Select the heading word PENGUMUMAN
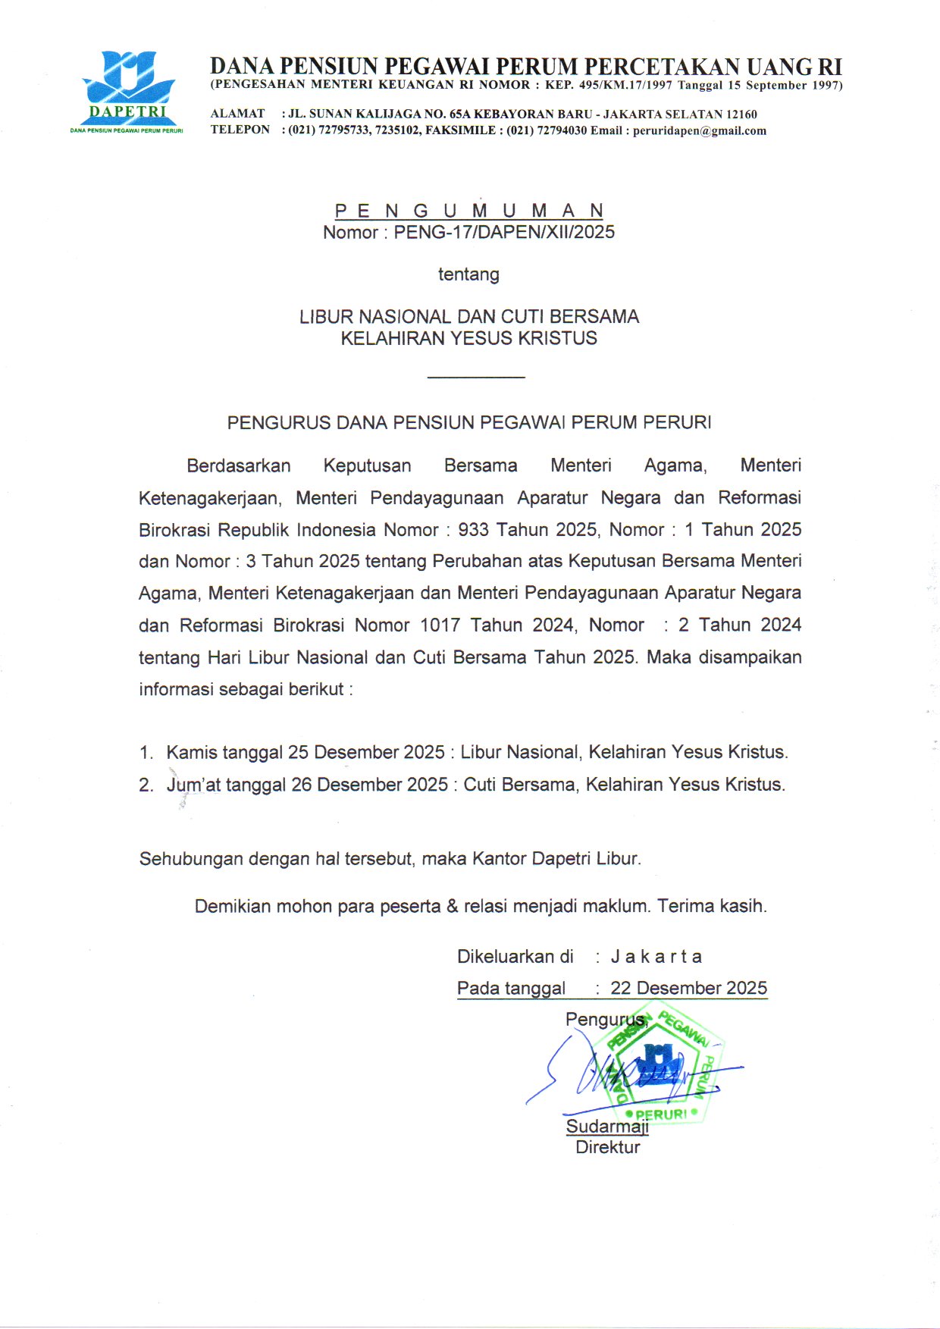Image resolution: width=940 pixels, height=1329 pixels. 469,211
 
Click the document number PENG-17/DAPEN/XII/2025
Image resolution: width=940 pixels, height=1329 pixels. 504,232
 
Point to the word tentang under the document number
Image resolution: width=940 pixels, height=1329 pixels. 468,274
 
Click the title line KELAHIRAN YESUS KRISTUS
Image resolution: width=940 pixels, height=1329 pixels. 468,338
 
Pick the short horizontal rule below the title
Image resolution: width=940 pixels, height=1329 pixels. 476,377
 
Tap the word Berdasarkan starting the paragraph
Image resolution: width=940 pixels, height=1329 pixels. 239,465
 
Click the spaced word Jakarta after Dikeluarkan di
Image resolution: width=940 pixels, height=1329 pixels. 656,957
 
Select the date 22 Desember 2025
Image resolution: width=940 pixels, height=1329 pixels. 689,989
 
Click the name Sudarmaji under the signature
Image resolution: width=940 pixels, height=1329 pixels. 607,1127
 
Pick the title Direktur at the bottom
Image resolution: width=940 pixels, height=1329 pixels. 607,1147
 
